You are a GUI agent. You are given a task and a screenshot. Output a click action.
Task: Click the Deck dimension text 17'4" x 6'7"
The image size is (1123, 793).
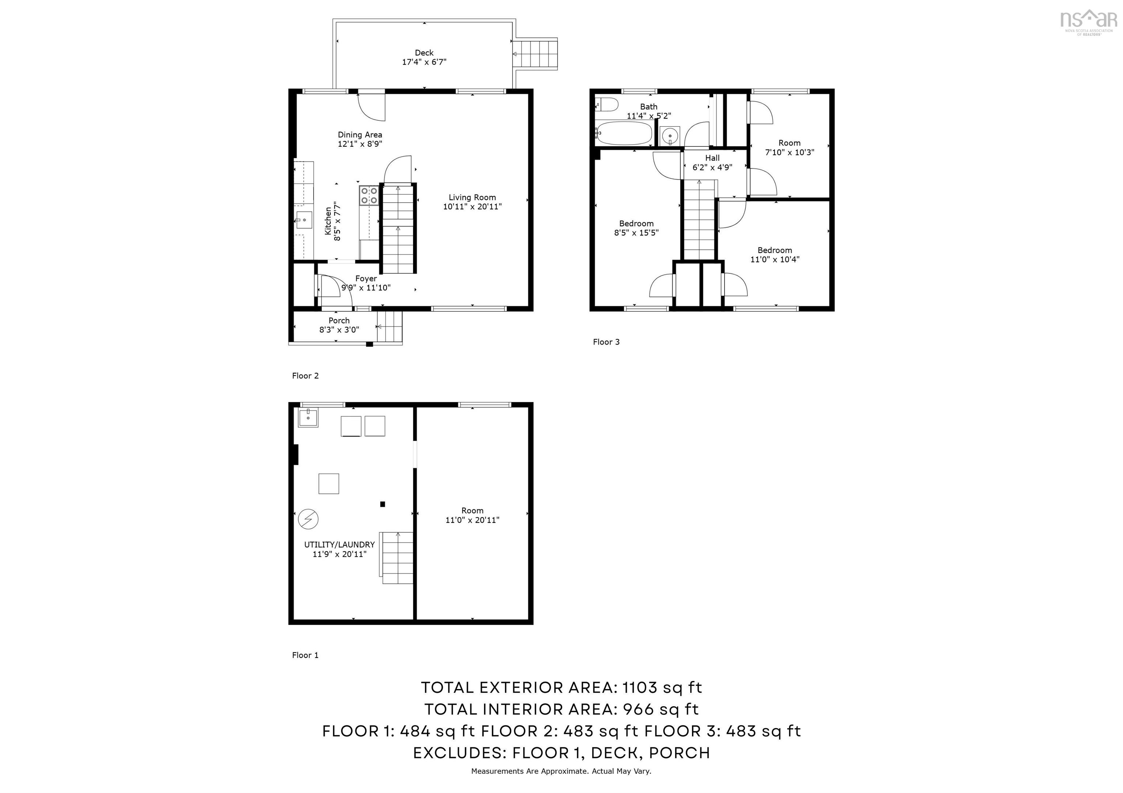click(x=424, y=62)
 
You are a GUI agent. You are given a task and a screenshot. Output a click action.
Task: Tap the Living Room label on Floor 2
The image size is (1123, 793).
click(x=472, y=198)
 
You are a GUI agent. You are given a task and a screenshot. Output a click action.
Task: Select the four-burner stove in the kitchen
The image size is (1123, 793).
click(x=369, y=195)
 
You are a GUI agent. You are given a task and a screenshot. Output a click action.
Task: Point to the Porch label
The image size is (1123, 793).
click(x=339, y=321)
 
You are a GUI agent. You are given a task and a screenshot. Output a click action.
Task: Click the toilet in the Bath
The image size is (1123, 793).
click(x=606, y=104)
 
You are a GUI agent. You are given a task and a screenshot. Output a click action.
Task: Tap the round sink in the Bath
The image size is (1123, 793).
click(x=670, y=135)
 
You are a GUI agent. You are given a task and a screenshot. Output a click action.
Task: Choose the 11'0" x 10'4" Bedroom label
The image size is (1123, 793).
click(x=775, y=254)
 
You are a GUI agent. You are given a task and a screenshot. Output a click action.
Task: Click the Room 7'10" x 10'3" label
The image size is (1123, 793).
click(x=789, y=148)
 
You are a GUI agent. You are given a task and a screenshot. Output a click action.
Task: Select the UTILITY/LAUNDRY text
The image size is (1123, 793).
click(x=340, y=544)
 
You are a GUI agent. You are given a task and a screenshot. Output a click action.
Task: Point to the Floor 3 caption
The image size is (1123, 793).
click(x=606, y=342)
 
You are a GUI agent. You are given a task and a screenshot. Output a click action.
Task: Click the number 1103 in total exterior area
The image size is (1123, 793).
click(x=639, y=687)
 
